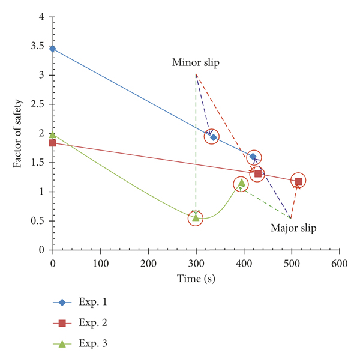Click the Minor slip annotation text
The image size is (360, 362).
click(x=196, y=62)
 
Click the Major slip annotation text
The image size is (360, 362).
click(x=293, y=228)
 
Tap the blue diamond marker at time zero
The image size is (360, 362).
click(x=53, y=49)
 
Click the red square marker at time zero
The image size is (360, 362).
click(x=53, y=143)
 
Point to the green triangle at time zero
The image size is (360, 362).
click(x=53, y=135)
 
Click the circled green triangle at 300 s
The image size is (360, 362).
click(x=196, y=217)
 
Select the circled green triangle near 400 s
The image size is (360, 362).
click(x=241, y=184)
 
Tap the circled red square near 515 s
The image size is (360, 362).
click(x=298, y=180)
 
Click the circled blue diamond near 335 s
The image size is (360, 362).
click(x=213, y=137)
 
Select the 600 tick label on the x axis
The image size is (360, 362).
click(x=339, y=263)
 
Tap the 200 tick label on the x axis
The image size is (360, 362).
click(x=148, y=263)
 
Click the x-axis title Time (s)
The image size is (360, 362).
click(x=196, y=279)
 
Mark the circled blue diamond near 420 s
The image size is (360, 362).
click(x=253, y=157)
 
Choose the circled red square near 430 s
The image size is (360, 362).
click(x=258, y=174)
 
